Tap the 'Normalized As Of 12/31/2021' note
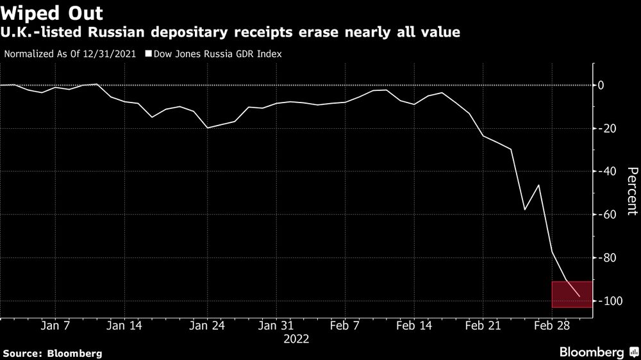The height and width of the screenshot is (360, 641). tap(71, 54)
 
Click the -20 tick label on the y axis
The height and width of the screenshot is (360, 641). tap(606, 129)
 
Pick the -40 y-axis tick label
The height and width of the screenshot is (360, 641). tap(606, 172)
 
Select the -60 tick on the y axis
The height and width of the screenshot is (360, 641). tap(606, 215)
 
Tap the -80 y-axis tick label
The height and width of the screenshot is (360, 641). tap(606, 258)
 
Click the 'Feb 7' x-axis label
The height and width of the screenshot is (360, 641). tap(344, 325)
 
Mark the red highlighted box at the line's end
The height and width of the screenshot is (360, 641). tap(572, 294)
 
